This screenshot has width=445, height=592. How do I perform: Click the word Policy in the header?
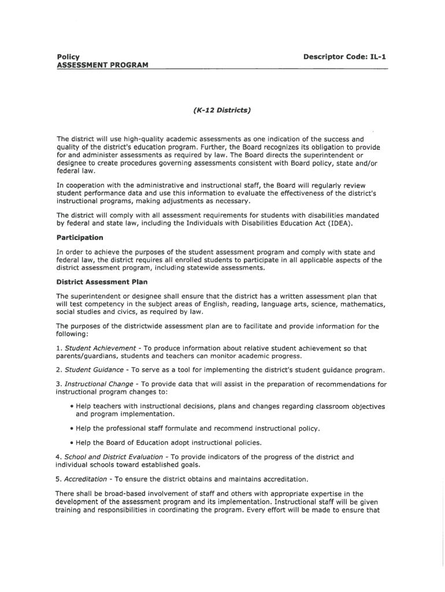click(x=68, y=56)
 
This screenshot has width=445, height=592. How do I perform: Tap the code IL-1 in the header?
click(x=376, y=56)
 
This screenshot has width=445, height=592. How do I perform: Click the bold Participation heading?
click(x=80, y=238)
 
